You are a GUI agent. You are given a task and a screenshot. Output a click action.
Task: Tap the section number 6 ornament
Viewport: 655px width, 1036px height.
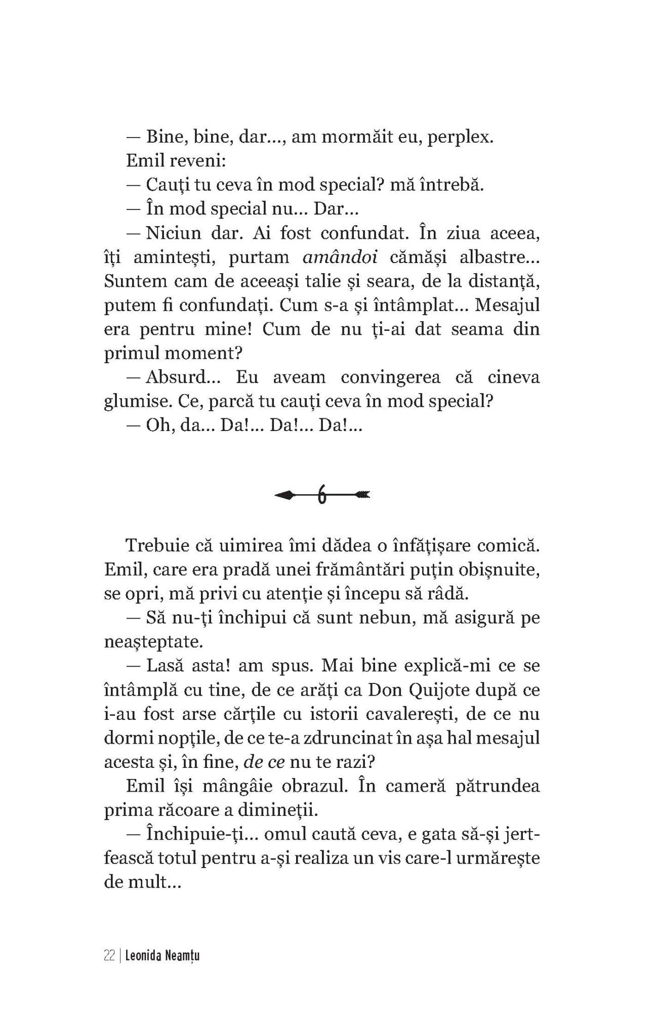pos(321,495)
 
